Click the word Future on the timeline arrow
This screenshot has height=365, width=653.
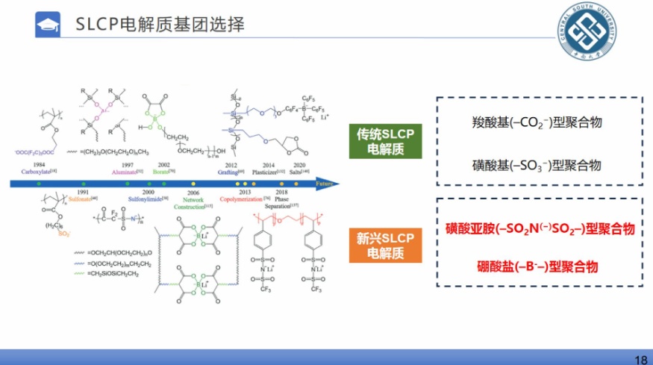coord(323,182)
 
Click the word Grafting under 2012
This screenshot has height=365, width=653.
coord(231,172)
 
